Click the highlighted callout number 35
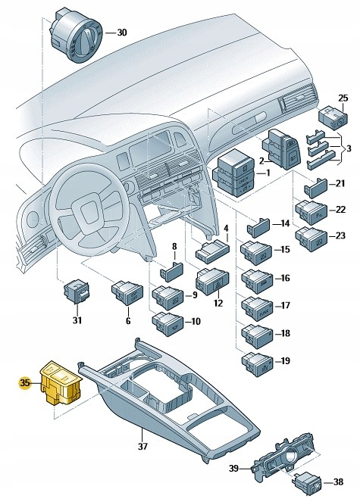[24, 384]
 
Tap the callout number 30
[122, 33]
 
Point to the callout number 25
[343, 100]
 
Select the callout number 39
[234, 469]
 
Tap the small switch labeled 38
[308, 479]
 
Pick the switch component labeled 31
[76, 292]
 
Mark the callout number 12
[218, 304]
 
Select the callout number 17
[285, 306]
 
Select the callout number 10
[195, 321]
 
